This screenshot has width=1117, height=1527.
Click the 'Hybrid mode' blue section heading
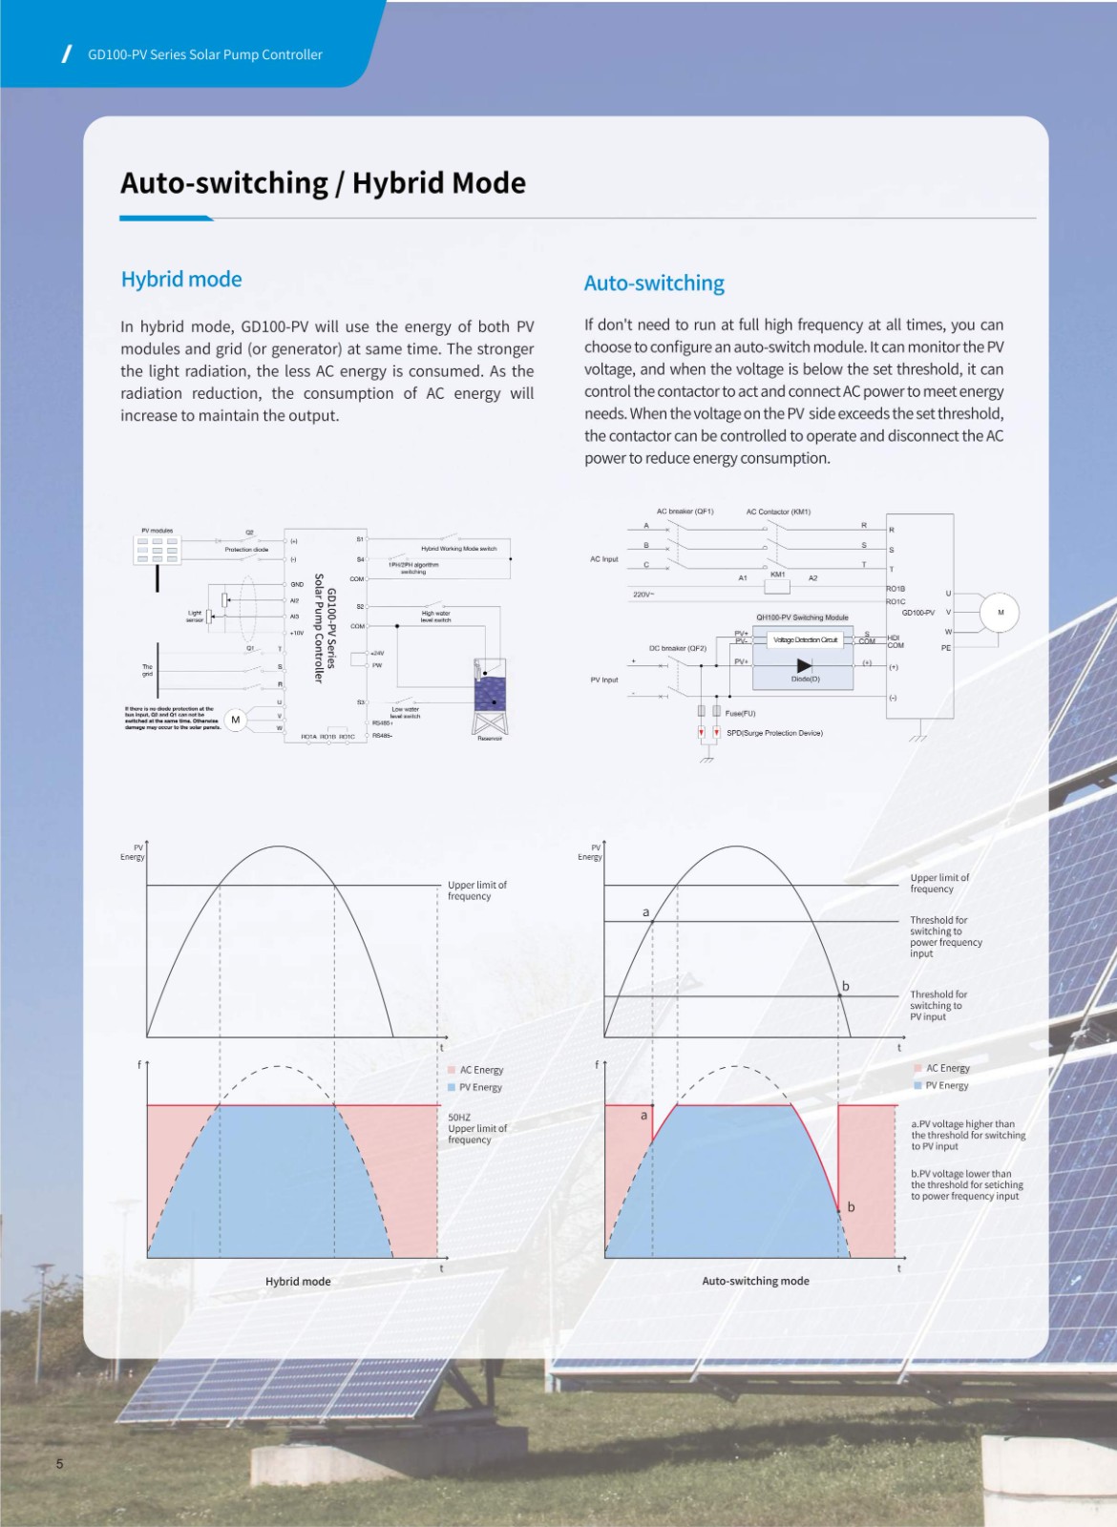181,280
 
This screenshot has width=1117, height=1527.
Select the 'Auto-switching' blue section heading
654,283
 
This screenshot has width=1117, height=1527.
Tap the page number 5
59,1464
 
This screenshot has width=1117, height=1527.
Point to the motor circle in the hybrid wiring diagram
236,720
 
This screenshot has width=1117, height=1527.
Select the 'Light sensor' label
195,617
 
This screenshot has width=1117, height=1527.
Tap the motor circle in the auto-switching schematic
1000,613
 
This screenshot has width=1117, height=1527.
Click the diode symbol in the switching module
804,665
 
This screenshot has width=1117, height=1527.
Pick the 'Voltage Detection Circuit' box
805,639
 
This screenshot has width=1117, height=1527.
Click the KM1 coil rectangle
777,586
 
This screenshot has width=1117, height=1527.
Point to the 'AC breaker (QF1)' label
685,512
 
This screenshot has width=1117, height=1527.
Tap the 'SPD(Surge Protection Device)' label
774,733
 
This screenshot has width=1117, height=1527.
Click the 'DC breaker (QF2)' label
678,648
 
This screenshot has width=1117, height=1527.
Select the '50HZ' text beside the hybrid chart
459,1117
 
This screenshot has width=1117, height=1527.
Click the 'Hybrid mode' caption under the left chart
298,1282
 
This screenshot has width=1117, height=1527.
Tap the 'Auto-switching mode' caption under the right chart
755,1281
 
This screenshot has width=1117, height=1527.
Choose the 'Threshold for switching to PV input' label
938,1005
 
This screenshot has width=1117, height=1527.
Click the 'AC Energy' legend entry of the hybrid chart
480,1070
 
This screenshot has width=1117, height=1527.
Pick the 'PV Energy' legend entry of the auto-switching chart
946,1085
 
